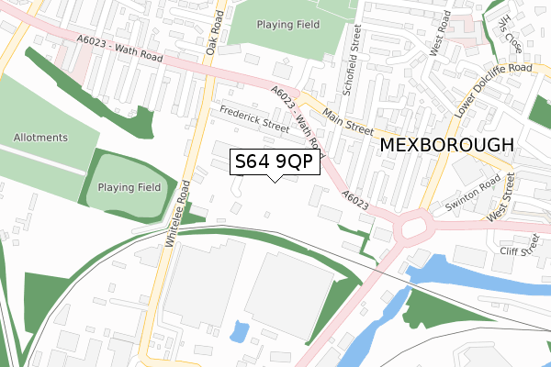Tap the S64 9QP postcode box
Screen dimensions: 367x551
(274, 161)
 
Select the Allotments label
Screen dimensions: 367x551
(40, 138)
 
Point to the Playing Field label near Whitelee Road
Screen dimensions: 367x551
(129, 186)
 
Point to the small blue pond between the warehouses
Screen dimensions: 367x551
(241, 330)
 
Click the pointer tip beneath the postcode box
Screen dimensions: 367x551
(274, 180)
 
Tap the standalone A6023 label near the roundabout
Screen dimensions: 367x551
(355, 198)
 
